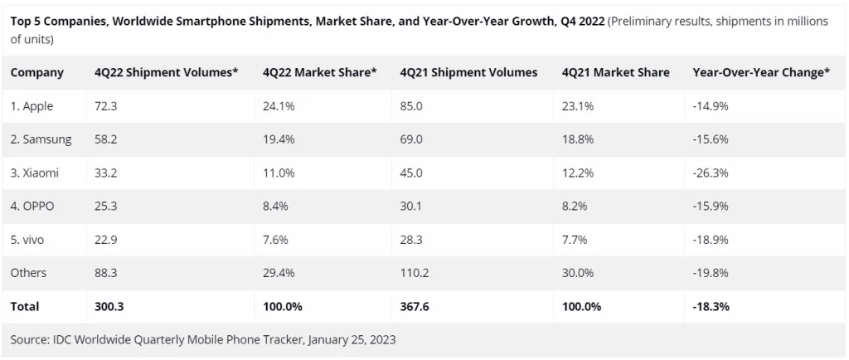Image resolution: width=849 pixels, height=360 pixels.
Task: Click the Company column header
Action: pos(36,72)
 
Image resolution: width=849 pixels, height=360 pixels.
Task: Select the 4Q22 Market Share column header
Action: pos(319,72)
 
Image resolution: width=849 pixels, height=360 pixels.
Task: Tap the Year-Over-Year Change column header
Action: pos(761,72)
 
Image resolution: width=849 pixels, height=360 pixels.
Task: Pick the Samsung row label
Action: pos(41,139)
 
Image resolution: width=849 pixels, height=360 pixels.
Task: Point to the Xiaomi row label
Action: pos(35,173)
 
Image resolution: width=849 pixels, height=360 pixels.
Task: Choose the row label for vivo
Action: pos(27,240)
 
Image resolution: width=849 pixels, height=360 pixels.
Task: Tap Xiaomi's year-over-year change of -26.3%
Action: pos(710,173)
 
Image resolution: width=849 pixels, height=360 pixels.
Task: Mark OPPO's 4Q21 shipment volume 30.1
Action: pos(411,206)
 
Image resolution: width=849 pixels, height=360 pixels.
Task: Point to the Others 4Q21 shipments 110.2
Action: pos(415,273)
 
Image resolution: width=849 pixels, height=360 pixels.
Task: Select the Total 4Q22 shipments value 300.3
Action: pos(109,306)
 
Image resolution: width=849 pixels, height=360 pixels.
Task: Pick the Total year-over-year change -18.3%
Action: pos(711,306)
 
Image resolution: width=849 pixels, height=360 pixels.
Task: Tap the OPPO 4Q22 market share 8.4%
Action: pos(274,206)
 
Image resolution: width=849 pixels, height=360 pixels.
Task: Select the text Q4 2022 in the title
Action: pos(581,22)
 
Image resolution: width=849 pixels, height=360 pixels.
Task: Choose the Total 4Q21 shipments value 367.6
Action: pos(415,306)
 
